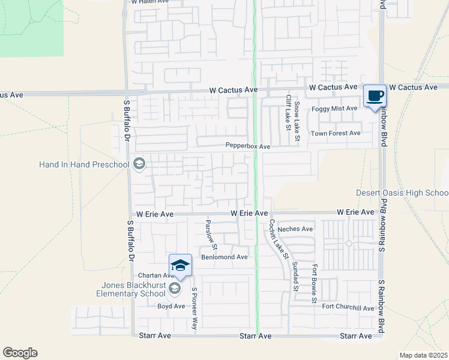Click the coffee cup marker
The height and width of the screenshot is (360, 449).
click(375, 96)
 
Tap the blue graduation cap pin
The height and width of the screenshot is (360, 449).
click(180, 265)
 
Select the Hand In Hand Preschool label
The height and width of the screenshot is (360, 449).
click(84, 164)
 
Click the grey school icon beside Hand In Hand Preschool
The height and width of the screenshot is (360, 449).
click(139, 164)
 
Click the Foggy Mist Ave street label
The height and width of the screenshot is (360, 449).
click(334, 109)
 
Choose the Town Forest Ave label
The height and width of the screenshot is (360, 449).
click(335, 133)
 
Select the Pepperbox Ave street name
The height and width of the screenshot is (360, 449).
click(248, 146)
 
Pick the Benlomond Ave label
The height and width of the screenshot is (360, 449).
click(224, 257)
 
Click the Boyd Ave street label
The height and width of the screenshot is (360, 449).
click(171, 306)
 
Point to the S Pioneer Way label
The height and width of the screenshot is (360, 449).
click(194, 308)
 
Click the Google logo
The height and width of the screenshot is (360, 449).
click(20, 353)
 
